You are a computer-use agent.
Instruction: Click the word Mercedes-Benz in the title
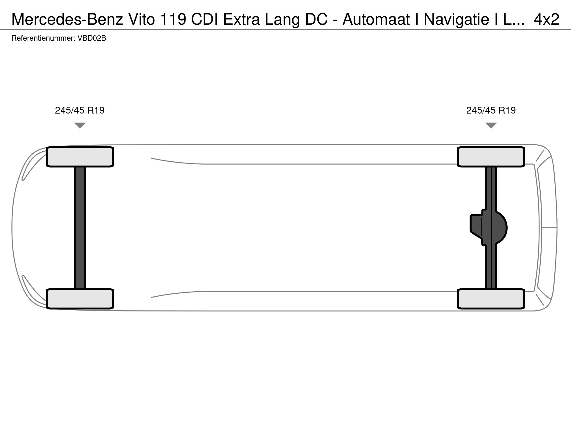(67, 19)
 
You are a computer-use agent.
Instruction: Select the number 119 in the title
(173, 19)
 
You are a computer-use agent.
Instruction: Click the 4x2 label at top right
(547, 19)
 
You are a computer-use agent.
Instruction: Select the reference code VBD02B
(92, 38)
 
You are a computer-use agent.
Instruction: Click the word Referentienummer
(43, 38)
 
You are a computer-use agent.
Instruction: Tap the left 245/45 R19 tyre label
(80, 110)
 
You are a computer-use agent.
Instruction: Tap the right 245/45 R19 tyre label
(491, 110)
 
